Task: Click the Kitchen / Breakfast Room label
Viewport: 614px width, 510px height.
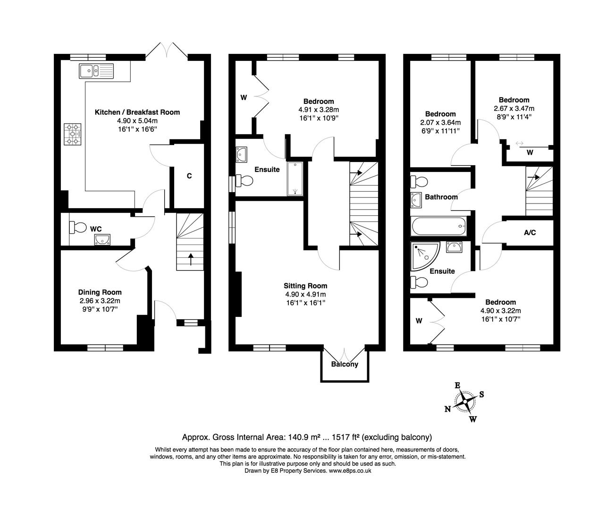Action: click(x=137, y=112)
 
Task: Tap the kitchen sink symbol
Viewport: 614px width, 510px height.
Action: click(x=96, y=71)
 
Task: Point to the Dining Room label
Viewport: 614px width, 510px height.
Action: click(x=100, y=292)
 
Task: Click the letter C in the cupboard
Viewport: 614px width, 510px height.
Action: click(x=189, y=176)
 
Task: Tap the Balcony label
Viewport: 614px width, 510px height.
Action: click(x=345, y=365)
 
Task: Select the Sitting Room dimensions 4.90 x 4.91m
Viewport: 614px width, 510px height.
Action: click(x=305, y=294)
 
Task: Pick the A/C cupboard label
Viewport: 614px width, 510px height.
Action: click(x=530, y=233)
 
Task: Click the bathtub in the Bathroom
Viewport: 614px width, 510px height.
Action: click(x=439, y=227)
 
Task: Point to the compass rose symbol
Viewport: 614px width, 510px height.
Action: click(x=466, y=401)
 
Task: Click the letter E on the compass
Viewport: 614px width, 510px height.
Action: click(x=457, y=385)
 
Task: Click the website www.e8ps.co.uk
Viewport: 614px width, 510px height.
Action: click(x=350, y=471)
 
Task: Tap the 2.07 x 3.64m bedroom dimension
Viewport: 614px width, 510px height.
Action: click(x=440, y=122)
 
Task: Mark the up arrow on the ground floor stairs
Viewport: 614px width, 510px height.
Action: click(x=191, y=259)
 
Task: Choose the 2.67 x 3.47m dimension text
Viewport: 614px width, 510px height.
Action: click(x=514, y=108)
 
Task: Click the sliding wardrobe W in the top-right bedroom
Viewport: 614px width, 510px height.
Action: click(x=530, y=153)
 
